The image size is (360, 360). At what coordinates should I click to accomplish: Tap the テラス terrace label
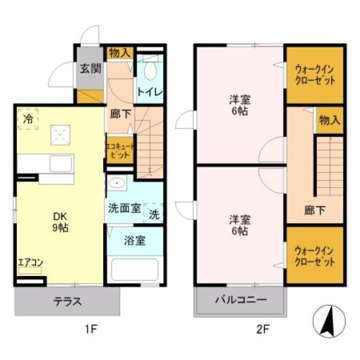pyautogui.click(x=67, y=301)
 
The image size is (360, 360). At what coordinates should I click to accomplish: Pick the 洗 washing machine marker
pyautogui.click(x=154, y=214)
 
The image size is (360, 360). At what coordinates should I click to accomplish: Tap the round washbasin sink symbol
pyautogui.click(x=116, y=183)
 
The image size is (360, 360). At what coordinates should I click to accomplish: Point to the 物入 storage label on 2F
pyautogui.click(x=330, y=120)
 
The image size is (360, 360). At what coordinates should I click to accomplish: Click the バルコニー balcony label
pyautogui.click(x=240, y=300)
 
